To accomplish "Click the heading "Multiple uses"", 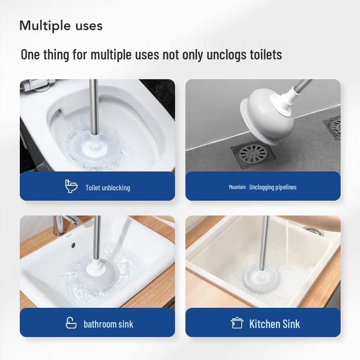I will click(x=61, y=26).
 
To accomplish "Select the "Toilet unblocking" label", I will click(x=108, y=188).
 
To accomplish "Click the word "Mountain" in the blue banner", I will click(x=237, y=187).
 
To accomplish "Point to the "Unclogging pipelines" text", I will click(x=273, y=187).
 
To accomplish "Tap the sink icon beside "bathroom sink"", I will click(x=72, y=323).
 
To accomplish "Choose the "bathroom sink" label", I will click(x=108, y=324).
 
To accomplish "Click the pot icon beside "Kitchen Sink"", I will click(x=237, y=323).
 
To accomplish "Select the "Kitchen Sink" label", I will click(x=274, y=324).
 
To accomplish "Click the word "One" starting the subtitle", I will click(x=31, y=55).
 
